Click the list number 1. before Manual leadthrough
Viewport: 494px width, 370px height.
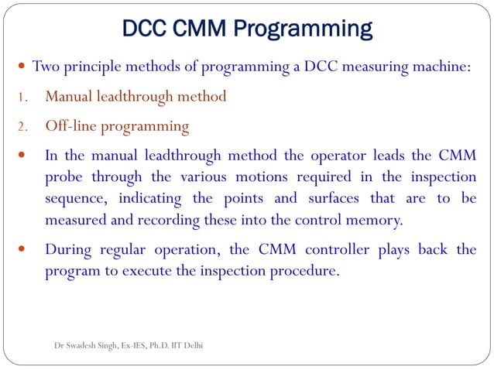23,98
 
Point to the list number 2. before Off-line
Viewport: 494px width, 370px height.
23,126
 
